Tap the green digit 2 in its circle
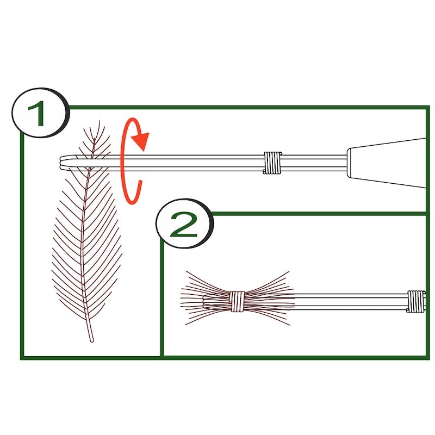coord(183,225)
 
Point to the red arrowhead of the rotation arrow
coord(141,141)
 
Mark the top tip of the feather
coord(100,121)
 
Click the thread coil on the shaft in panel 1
coord(272,163)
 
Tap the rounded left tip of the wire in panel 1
coord(61,162)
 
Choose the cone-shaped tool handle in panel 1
coord(387,163)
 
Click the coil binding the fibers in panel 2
coord(237,301)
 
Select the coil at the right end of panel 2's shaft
coord(416,302)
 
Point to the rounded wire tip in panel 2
coord(205,301)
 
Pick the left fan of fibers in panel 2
coord(206,298)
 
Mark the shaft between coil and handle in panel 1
coord(314,163)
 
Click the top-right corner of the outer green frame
coord(427,107)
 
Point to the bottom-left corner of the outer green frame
coord(22,358)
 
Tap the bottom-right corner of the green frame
coord(427,358)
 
